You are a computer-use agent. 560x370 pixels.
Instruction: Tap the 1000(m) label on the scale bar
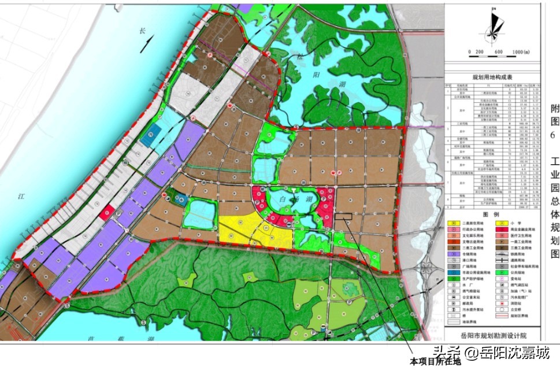520,52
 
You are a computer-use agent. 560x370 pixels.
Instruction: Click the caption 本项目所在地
433,361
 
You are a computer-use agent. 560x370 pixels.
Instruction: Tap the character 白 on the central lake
284,198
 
